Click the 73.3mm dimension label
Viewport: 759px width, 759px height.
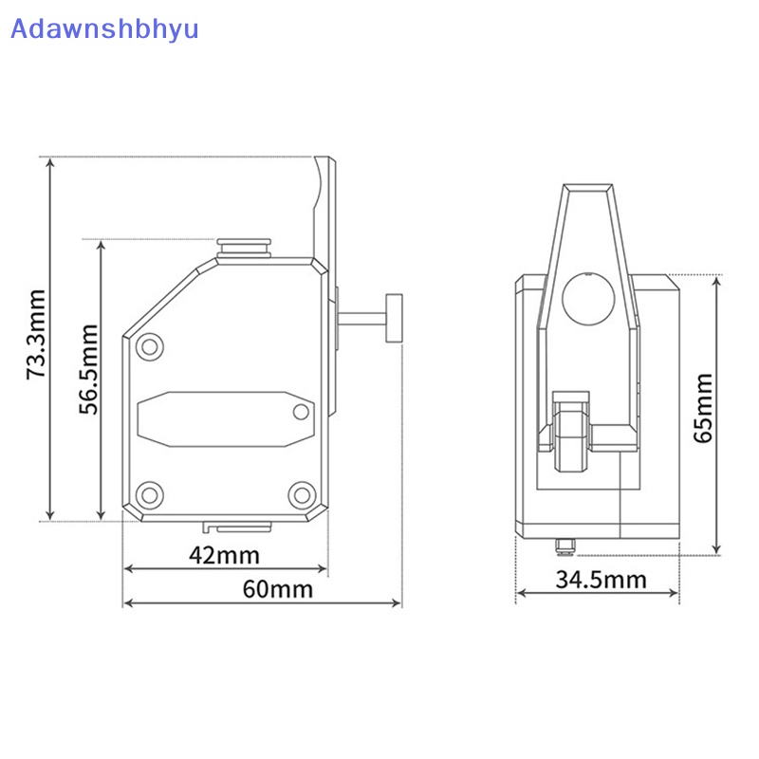point(36,334)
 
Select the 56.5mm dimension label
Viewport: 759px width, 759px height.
point(88,369)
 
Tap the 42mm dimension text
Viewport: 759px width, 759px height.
point(224,555)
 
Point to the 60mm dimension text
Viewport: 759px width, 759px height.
point(278,589)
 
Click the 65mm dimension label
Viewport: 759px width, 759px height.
point(703,408)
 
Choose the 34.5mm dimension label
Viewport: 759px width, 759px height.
point(601,580)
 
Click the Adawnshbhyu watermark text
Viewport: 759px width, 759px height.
point(104,28)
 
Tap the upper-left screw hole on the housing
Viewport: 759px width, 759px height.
point(150,346)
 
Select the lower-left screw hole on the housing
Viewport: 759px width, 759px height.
point(150,494)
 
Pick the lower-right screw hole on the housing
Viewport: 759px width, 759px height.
point(302,494)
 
